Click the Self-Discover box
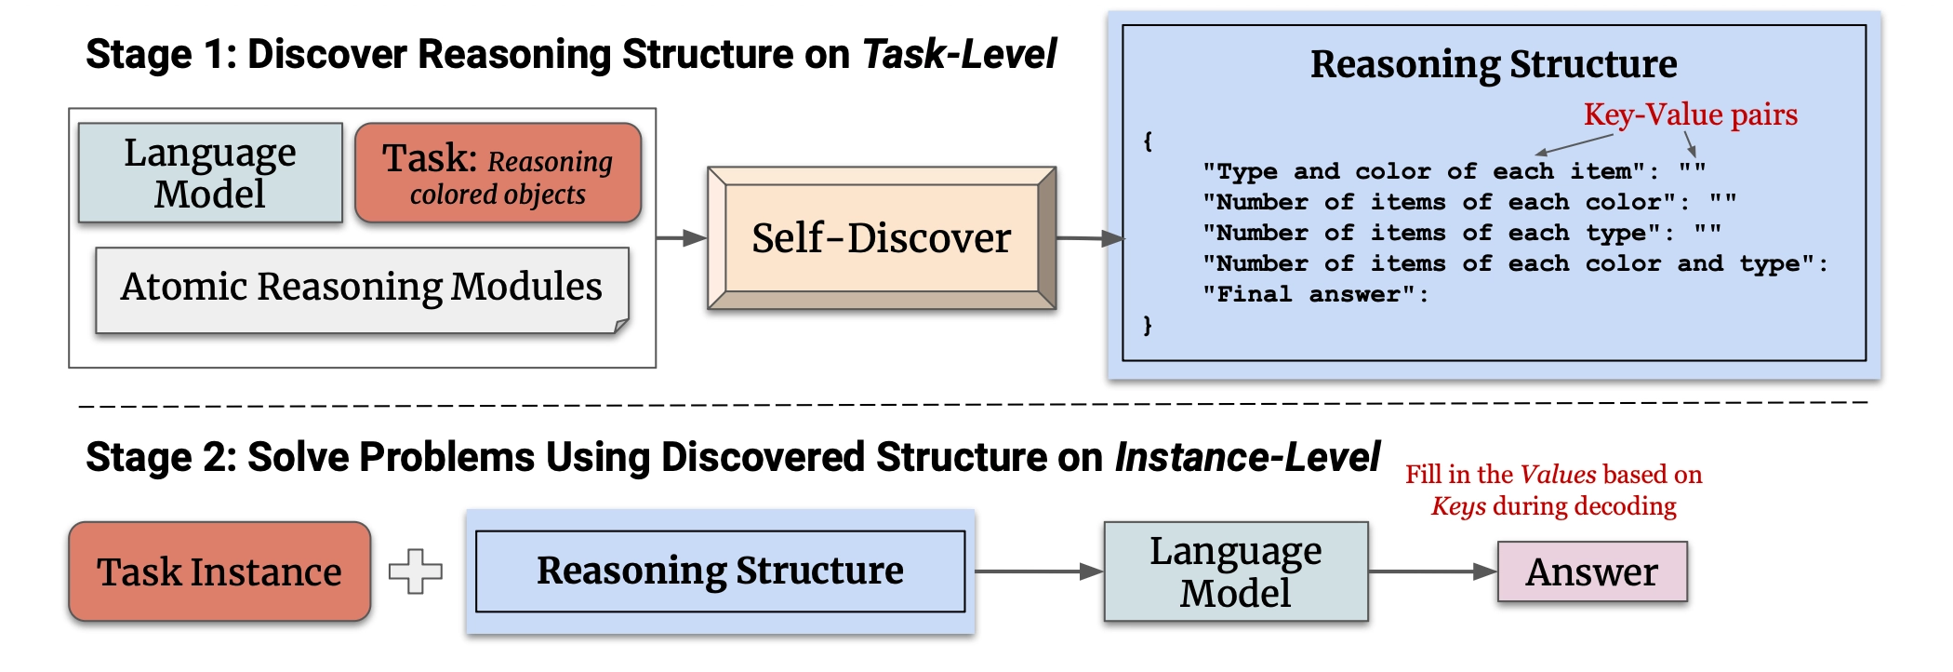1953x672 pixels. [x=882, y=238]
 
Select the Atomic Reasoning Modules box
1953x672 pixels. [x=363, y=289]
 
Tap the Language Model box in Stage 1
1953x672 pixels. [x=210, y=173]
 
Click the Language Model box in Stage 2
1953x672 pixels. [x=1236, y=571]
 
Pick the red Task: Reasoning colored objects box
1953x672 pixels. [x=498, y=173]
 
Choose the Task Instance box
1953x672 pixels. [x=219, y=571]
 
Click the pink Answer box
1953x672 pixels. [x=1592, y=571]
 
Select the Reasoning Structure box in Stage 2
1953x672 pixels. [x=721, y=571]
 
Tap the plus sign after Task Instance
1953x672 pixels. [x=416, y=571]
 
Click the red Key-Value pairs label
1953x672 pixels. [x=1691, y=114]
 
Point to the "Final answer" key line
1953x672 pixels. [x=1315, y=295]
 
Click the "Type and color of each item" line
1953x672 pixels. [x=1454, y=171]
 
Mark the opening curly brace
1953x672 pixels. [x=1148, y=141]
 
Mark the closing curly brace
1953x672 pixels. [x=1148, y=325]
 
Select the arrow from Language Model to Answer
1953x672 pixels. [x=1433, y=571]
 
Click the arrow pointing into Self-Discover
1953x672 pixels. [x=682, y=238]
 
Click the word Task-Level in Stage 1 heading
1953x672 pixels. [x=959, y=54]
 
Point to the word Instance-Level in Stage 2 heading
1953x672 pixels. [x=1247, y=457]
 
